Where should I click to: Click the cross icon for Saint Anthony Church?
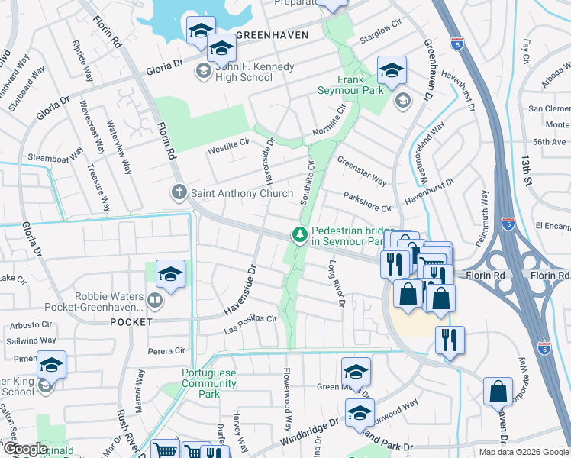click(x=179, y=193)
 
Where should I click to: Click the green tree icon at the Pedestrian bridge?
click(x=301, y=235)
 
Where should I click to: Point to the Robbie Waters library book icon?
click(x=156, y=302)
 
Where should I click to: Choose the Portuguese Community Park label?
click(x=201, y=383)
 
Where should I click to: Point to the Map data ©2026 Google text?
click(x=523, y=452)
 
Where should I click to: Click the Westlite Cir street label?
click(x=229, y=145)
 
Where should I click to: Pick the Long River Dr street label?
click(x=336, y=283)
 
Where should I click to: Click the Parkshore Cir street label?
click(x=366, y=202)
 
